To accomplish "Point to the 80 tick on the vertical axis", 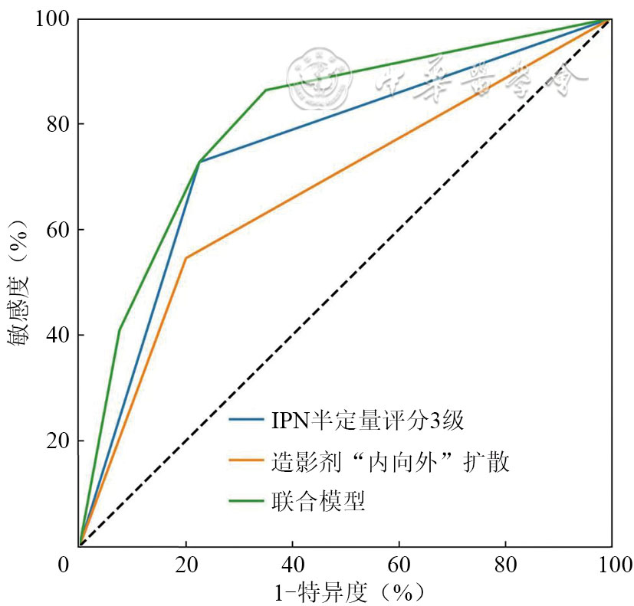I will (x=58, y=124).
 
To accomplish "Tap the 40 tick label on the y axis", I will (x=58, y=336).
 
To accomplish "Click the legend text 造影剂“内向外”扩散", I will (x=390, y=462).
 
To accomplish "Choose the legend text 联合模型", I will (x=317, y=502).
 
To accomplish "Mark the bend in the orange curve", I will (x=186, y=258).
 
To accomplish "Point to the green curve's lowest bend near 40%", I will (x=120, y=329).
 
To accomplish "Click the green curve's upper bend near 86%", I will (x=265, y=90).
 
